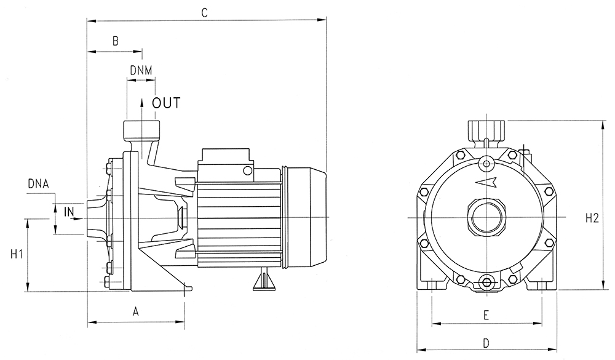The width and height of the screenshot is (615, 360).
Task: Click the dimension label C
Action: tap(204, 12)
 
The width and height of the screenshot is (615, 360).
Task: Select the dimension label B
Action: tap(116, 41)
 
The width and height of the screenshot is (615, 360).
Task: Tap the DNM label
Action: tap(141, 70)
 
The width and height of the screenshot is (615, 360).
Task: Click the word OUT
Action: tap(166, 103)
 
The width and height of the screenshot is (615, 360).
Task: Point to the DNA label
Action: tap(38, 184)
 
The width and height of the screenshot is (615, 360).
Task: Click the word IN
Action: tap(69, 212)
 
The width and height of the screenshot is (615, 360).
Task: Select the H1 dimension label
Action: tap(16, 254)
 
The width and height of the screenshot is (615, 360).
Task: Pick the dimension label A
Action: tap(136, 312)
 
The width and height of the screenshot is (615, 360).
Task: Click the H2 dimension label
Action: tap(592, 218)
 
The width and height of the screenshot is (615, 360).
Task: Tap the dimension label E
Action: tap(486, 315)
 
